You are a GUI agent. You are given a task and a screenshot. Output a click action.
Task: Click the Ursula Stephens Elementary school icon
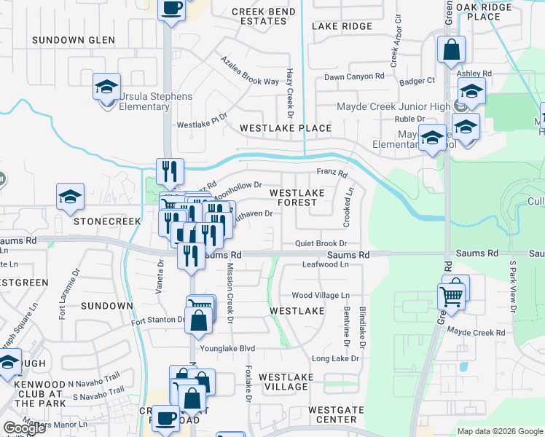pos(106,89)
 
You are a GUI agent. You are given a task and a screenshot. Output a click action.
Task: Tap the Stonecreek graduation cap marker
pos(70,197)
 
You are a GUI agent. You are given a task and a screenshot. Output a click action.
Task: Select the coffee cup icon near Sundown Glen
pos(171,9)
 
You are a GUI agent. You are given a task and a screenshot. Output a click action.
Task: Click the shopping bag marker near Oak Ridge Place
pos(451,50)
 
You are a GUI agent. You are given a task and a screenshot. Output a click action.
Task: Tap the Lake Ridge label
pos(342,26)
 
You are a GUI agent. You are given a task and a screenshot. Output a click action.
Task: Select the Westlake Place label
pos(286,128)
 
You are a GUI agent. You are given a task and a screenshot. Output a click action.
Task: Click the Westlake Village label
pos(286,382)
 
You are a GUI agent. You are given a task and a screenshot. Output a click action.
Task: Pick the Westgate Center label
pos(336,415)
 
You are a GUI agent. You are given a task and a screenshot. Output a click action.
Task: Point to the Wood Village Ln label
pos(321,295)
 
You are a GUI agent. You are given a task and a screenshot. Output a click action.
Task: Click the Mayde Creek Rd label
pos(477,332)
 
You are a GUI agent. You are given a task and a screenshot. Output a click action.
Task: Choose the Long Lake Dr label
pos(335,358)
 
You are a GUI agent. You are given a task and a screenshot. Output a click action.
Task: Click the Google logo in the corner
pos(24,428)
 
